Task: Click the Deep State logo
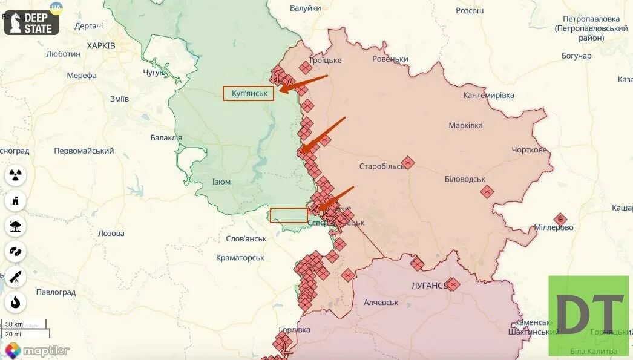coord(31,22)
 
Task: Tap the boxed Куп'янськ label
coord(249,93)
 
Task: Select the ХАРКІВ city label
coord(101,45)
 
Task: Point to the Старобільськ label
coord(382,166)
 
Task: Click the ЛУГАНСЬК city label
coord(428,284)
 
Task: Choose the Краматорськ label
coord(240,258)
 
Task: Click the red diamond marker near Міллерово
coord(560,220)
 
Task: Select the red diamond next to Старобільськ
coord(408,162)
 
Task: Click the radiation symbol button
coord(16,175)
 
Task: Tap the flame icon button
coord(16,302)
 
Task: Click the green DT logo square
coord(589,315)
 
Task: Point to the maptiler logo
coord(38,350)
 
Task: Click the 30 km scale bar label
coord(14,324)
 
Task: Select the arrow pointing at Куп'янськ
coord(303,84)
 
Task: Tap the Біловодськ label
coord(465,180)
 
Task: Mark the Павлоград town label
coord(56,292)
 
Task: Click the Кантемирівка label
coord(488,96)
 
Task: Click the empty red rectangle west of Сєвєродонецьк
coord(289,215)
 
